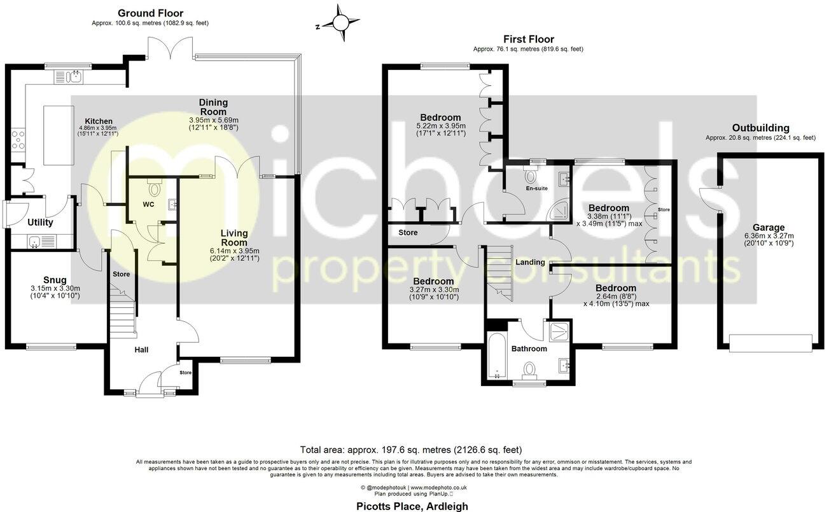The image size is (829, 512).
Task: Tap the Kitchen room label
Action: pos(99,121)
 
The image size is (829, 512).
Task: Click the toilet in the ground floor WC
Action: pos(153,188)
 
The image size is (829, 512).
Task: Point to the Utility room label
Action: pos(40,223)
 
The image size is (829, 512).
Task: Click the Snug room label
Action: pos(55,280)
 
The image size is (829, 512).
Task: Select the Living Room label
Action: pos(234,237)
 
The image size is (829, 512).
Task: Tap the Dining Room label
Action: pos(213,107)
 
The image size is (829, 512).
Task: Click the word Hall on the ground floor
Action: pos(142,349)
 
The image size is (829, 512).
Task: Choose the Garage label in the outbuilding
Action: pos(769,227)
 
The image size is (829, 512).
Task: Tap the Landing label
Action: pos(529,262)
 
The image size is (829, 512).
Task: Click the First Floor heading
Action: pos(528,39)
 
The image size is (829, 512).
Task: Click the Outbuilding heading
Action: pos(760,127)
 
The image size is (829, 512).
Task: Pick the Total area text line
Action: pos(410,450)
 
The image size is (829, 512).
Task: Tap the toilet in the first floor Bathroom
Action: pos(529,368)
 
